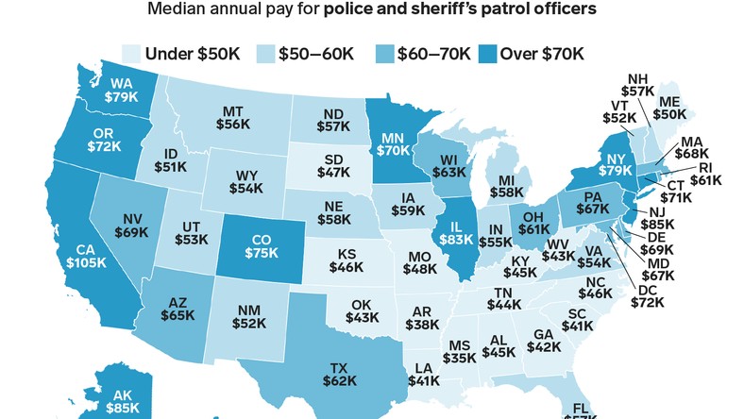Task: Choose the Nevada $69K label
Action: (132, 224)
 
